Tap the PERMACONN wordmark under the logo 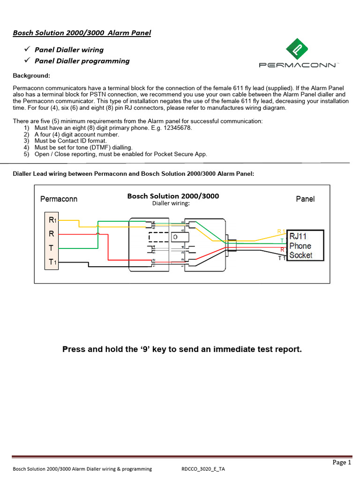tap(298, 65)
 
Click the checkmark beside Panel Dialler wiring tap(27, 49)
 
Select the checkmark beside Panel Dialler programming tap(27, 60)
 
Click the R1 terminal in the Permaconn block tap(52, 219)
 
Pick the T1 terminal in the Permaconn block tap(52, 262)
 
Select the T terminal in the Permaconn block tap(51, 248)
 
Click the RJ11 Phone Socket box tap(305, 245)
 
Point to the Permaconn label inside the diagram tap(59, 199)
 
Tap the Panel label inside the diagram tap(305, 199)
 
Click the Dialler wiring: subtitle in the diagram tap(171, 203)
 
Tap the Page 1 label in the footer tap(342, 462)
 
